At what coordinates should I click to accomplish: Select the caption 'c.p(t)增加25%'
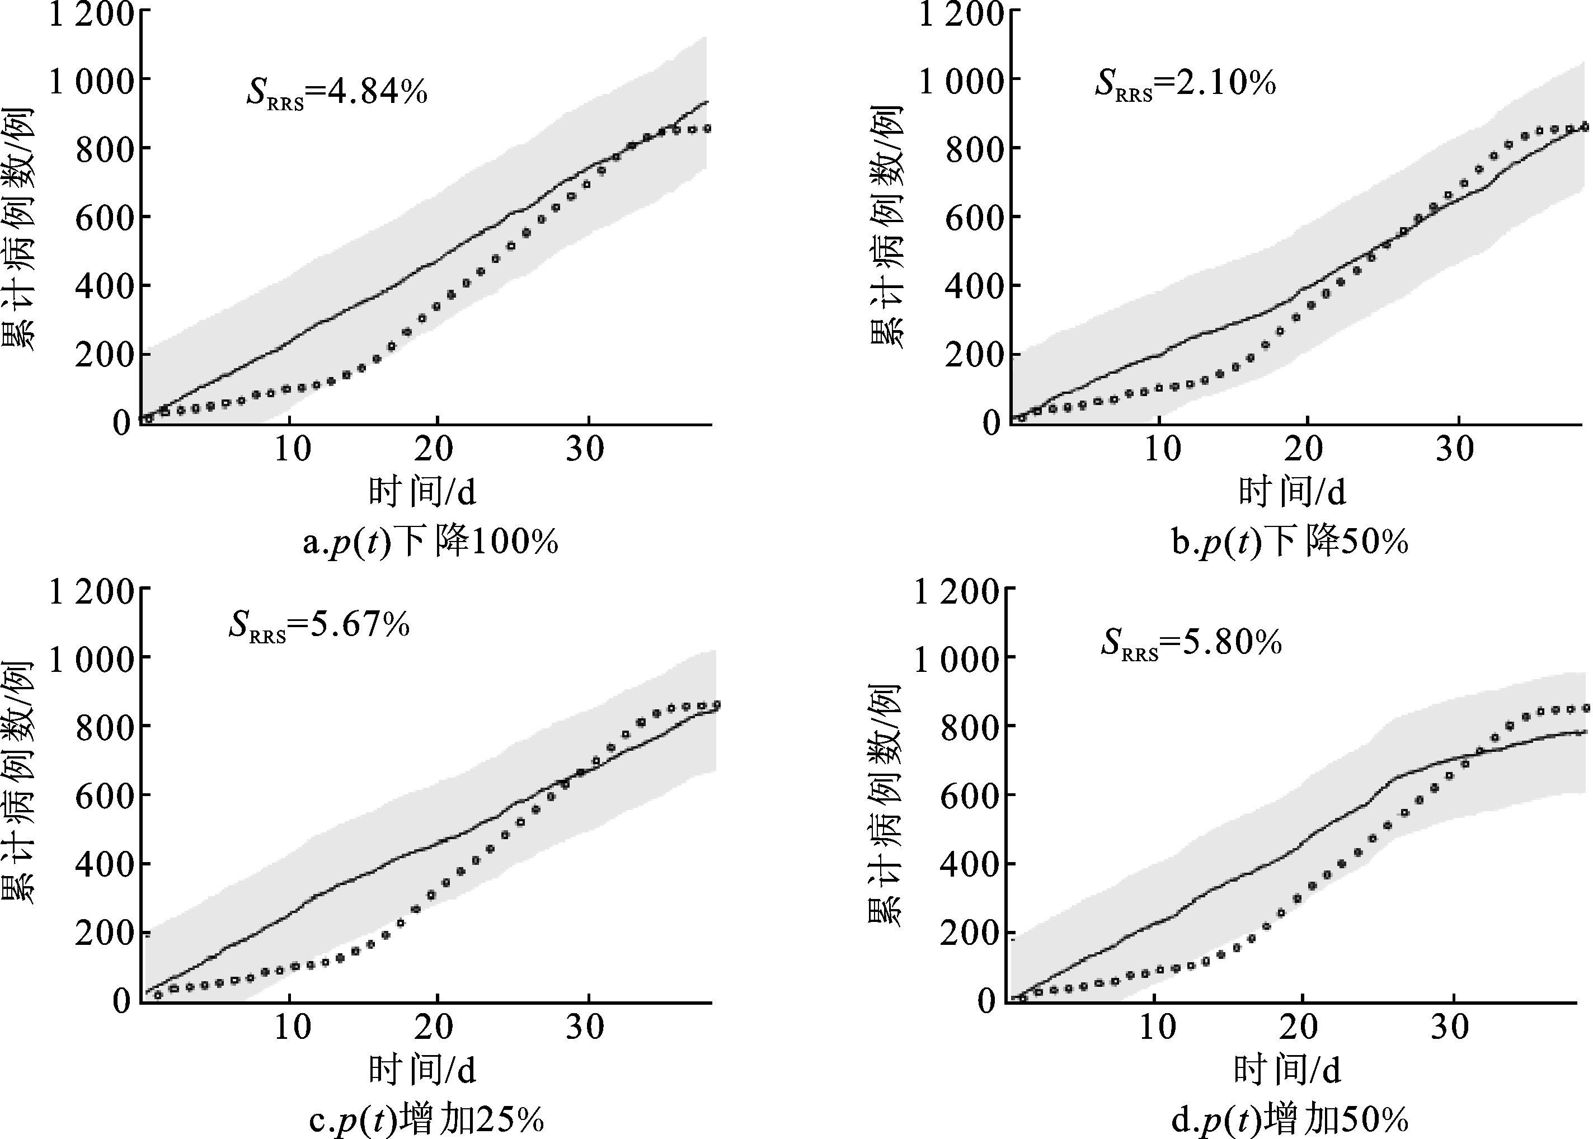[x=426, y=1119]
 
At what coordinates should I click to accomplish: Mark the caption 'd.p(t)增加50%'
[x=1290, y=1119]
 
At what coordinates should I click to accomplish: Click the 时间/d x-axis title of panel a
[x=422, y=491]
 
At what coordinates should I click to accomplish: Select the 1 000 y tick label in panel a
[x=91, y=81]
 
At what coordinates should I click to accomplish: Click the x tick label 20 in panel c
[x=434, y=1028]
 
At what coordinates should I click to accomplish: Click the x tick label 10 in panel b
[x=1162, y=449]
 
